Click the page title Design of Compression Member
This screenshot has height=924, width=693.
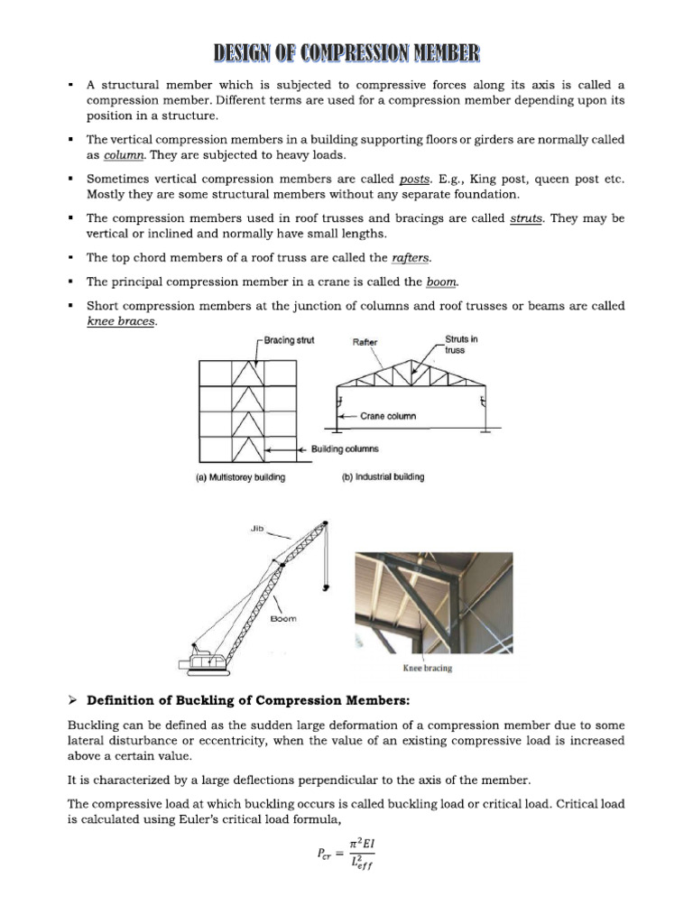(346, 52)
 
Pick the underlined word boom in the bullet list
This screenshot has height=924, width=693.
(441, 282)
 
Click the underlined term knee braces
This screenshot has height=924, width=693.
(121, 321)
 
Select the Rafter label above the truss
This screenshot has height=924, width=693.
(365, 342)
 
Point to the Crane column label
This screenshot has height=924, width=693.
(388, 416)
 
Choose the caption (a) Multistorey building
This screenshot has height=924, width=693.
(241, 477)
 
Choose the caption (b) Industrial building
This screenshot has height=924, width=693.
(383, 477)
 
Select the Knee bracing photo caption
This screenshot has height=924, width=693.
(427, 669)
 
